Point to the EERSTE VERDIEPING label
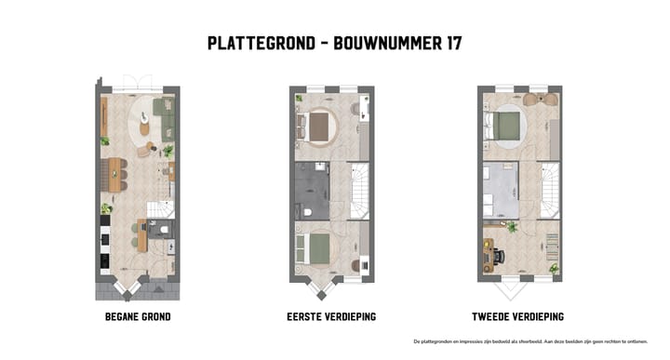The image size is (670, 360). [x=331, y=316]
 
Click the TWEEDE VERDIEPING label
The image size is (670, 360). [x=518, y=316]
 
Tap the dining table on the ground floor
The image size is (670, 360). [x=115, y=174]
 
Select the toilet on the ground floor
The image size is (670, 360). [x=164, y=228]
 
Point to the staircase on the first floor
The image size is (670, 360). [x=358, y=192]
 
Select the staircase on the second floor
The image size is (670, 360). [x=549, y=190]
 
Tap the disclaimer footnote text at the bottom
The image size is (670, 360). [x=531, y=341]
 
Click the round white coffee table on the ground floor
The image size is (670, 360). [x=145, y=122]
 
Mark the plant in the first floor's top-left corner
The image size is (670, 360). [x=299, y=98]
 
